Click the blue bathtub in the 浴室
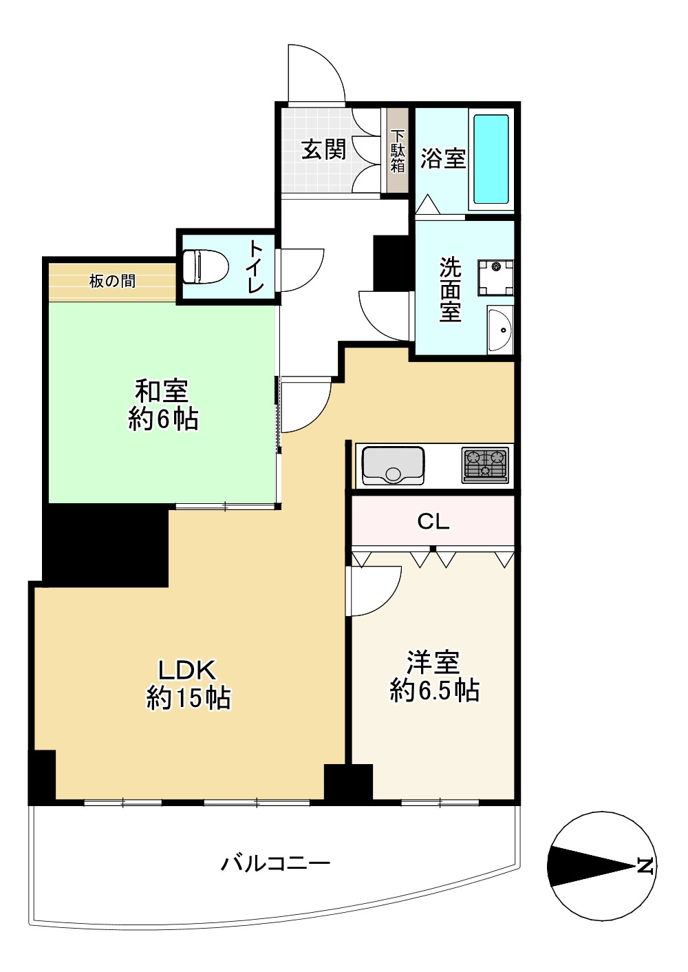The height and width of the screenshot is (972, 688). [x=491, y=159]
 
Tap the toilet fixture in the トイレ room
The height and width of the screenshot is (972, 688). [x=205, y=266]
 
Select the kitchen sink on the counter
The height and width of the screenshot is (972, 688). [x=393, y=465]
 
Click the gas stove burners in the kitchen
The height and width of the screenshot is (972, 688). [x=486, y=463]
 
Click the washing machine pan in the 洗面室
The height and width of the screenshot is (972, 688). [x=496, y=277]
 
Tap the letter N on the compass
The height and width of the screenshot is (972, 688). [x=645, y=865]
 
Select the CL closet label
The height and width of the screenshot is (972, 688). [x=433, y=521]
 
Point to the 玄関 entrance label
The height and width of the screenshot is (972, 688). [x=323, y=149]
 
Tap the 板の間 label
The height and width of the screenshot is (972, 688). [x=112, y=281]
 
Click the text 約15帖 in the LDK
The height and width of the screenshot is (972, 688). [x=189, y=698]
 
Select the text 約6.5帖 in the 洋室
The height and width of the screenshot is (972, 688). [x=434, y=690]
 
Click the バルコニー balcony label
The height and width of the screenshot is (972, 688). [x=275, y=863]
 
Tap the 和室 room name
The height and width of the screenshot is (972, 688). [x=162, y=391]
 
